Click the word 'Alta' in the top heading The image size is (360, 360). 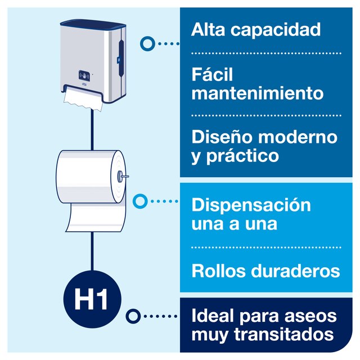208,29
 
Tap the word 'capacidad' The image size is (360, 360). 276,30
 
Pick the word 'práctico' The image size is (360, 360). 242,156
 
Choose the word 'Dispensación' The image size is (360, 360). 251,206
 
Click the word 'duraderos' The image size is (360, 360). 295,271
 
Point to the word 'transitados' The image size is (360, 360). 283,334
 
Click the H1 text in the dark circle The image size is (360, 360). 91,299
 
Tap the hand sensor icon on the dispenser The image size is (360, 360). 84,75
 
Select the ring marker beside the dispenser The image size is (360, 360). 147,43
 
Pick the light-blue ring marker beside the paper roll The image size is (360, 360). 140,201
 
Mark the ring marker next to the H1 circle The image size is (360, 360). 133,316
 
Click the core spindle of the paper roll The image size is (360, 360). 123,176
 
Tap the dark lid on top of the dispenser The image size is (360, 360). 93,24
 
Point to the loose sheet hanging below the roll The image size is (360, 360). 95,217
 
